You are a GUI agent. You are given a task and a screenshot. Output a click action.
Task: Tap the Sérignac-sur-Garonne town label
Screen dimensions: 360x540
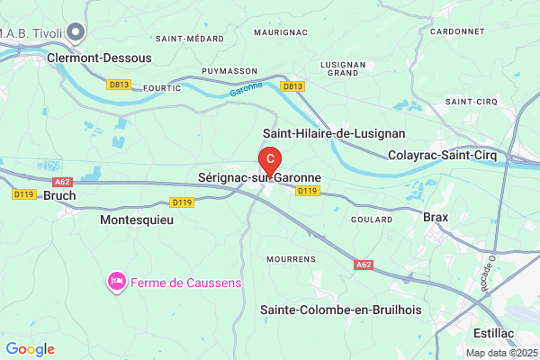click(x=260, y=178)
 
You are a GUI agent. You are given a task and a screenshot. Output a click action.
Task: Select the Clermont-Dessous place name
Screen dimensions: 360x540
click(x=99, y=56)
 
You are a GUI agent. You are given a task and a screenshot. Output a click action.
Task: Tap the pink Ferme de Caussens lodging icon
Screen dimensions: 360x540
click(x=116, y=283)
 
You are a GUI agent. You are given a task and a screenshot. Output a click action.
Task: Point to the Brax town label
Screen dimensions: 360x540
click(x=436, y=216)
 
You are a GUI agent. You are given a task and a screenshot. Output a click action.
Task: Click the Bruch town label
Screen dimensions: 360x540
click(x=59, y=194)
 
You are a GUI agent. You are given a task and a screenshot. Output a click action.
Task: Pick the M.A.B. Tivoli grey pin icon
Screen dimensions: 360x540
click(x=76, y=32)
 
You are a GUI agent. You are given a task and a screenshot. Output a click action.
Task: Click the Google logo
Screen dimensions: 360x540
click(x=30, y=348)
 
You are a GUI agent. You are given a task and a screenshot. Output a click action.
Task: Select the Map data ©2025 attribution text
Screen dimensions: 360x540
click(x=500, y=352)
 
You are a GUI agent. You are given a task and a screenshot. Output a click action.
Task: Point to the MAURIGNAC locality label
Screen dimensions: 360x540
click(x=280, y=31)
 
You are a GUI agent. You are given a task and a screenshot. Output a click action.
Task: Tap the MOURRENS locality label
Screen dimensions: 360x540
click(x=290, y=258)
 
